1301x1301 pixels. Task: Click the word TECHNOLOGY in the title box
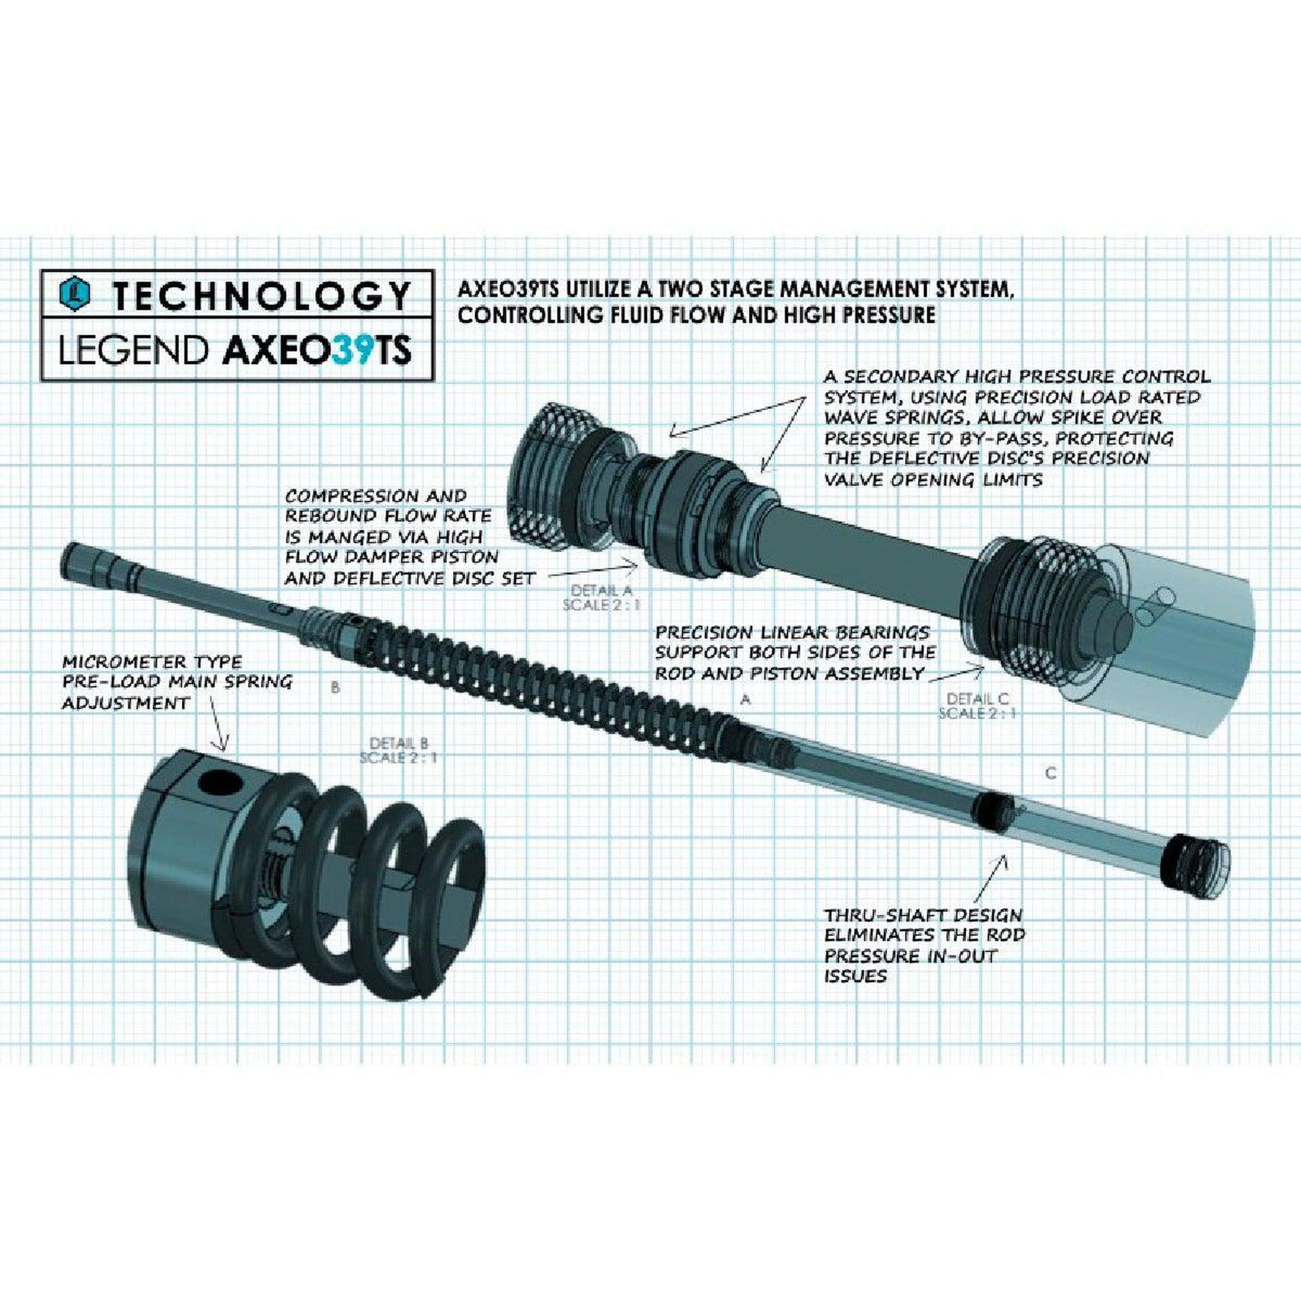[x=261, y=295]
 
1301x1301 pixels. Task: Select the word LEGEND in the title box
[x=133, y=350]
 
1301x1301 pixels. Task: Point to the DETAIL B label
[x=398, y=742]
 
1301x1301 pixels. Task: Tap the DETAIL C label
[x=977, y=698]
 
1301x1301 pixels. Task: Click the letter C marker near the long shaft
[x=1051, y=772]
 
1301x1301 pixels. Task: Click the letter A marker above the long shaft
[x=745, y=698]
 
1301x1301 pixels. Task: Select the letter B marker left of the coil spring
[x=335, y=688]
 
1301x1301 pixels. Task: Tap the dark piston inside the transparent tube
[x=991, y=809]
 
